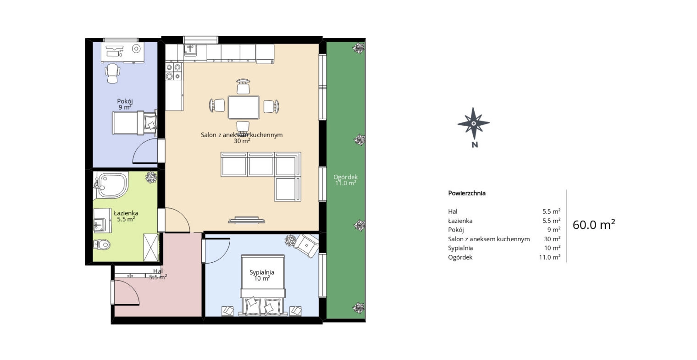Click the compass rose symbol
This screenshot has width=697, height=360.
tap(473, 123)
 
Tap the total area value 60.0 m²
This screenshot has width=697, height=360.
tap(593, 225)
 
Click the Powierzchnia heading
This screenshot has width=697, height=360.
tap(466, 193)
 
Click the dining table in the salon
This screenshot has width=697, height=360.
tap(243, 107)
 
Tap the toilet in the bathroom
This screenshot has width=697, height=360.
tap(102, 244)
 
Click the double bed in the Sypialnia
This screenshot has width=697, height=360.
tap(263, 287)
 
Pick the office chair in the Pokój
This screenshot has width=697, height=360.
tap(113, 73)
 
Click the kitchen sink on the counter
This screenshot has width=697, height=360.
tap(191, 50)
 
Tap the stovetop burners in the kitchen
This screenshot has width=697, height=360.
tap(173, 72)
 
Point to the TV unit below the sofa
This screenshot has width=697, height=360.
tap(247, 221)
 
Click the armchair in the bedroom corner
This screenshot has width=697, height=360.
tap(306, 244)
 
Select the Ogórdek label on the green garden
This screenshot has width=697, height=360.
tap(345, 177)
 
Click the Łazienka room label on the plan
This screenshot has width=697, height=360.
tap(126, 213)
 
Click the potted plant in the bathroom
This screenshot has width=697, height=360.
tap(151, 177)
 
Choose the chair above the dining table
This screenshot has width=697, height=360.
tap(243, 87)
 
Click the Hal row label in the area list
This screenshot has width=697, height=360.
tap(453, 212)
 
